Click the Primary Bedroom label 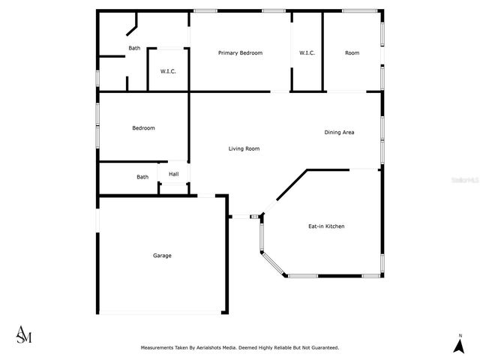(x=240, y=52)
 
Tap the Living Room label (x=244, y=148)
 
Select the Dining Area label (x=339, y=132)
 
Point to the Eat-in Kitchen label (x=326, y=226)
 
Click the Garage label (x=162, y=255)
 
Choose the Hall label (x=173, y=174)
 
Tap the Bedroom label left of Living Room (x=143, y=127)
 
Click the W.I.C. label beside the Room (x=307, y=52)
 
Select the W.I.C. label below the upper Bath (x=167, y=71)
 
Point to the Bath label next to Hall (x=142, y=177)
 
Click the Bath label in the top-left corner (x=134, y=48)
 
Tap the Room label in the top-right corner (x=352, y=52)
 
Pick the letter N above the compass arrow (x=458, y=334)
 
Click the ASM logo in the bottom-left (x=24, y=335)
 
